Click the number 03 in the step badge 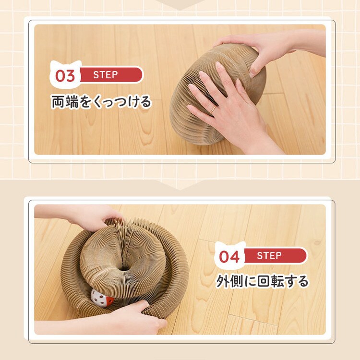[x=65, y=76]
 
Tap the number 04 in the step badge [x=229, y=257]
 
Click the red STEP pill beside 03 [x=111, y=75]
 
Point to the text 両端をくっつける [x=101, y=102]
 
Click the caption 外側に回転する [x=262, y=281]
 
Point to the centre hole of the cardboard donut [x=125, y=267]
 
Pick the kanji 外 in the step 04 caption [x=223, y=281]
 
